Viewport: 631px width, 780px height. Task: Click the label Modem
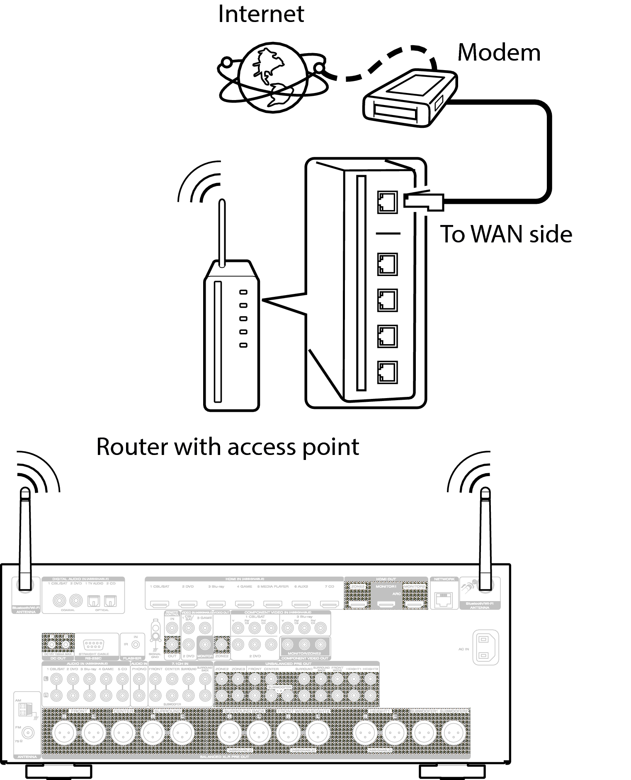click(499, 53)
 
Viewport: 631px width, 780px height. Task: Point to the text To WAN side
click(506, 234)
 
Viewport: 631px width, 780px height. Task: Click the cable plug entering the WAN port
click(423, 201)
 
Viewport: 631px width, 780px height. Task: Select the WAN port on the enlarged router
click(387, 202)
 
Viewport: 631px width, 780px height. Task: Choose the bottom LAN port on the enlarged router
click(387, 372)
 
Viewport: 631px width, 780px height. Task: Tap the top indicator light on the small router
click(243, 292)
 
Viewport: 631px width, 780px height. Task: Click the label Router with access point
click(228, 447)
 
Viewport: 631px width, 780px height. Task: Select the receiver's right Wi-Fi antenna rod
click(485, 535)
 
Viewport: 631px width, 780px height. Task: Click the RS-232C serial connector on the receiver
click(93, 645)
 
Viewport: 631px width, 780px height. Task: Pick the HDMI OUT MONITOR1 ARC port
click(386, 605)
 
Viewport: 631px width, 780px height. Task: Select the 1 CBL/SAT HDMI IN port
click(160, 604)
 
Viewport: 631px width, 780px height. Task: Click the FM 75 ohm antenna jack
click(28, 733)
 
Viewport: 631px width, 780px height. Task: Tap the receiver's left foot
click(58, 771)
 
